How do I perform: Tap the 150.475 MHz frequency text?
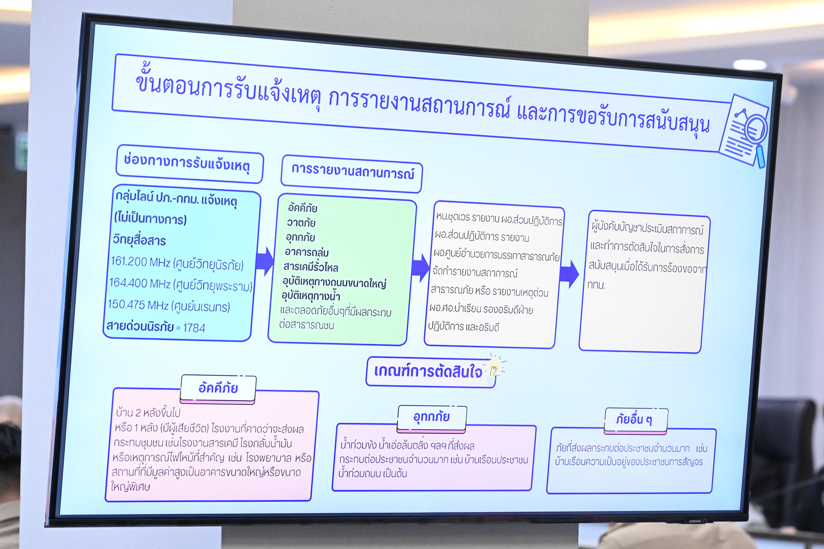coord(138,305)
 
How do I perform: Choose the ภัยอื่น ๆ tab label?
coord(634,419)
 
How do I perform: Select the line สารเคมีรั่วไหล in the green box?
coord(311,267)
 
